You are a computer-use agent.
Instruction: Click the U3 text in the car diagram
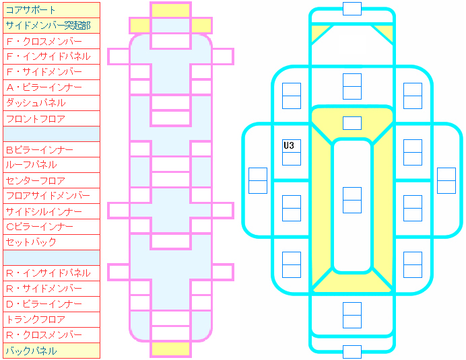(289, 145)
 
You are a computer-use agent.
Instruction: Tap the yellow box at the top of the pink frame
(170, 10)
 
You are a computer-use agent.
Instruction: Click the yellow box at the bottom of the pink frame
(170, 349)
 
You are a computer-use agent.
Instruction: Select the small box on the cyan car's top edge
(352, 9)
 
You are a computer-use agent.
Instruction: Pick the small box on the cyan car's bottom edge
(352, 352)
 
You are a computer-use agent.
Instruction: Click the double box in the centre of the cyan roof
(352, 201)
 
